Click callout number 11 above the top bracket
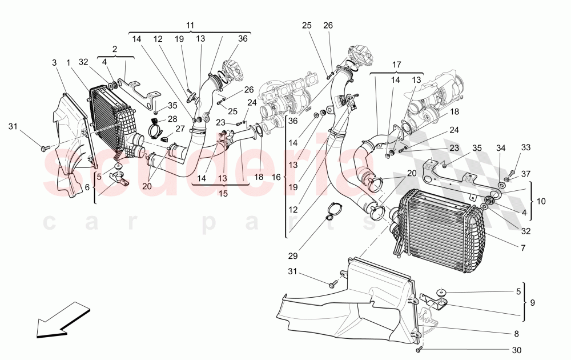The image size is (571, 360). pyautogui.click(x=190, y=26)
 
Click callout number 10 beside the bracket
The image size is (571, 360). pyautogui.click(x=541, y=202)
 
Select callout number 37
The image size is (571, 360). pyautogui.click(x=525, y=174)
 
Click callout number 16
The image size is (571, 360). pyautogui.click(x=276, y=178)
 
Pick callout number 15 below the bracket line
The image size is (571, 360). pyautogui.click(x=223, y=194)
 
